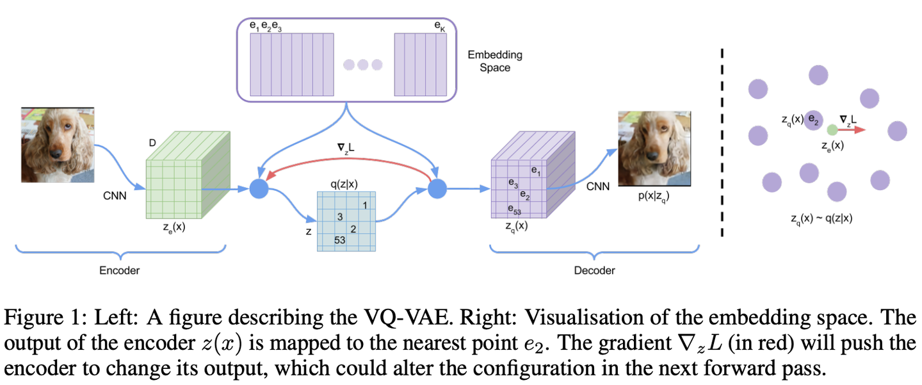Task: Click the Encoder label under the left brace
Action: point(119,270)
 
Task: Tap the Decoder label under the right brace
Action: point(594,270)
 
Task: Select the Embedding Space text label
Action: point(495,61)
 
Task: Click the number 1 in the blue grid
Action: point(364,205)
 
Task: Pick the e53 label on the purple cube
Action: point(514,209)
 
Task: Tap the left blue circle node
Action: point(259,189)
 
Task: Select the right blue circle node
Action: point(437,189)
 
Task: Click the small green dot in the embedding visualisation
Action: point(832,129)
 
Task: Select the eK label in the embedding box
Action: point(439,27)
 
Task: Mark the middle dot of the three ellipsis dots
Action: point(363,64)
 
